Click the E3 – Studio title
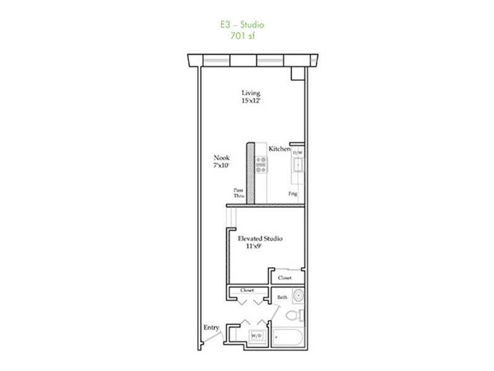[242, 25]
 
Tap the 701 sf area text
[243, 36]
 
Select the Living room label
[251, 93]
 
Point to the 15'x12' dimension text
[251, 101]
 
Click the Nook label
[222, 158]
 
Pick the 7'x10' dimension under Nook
[221, 165]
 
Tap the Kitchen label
[280, 149]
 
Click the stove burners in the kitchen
[261, 164]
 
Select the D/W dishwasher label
[298, 153]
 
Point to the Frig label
[293, 194]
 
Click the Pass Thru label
[238, 193]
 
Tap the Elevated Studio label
[260, 239]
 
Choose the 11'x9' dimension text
[254, 246]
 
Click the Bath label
[282, 297]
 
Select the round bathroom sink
[298, 296]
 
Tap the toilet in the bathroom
[295, 315]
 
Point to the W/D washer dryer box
[257, 336]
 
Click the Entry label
[211, 328]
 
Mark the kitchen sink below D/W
[298, 165]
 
